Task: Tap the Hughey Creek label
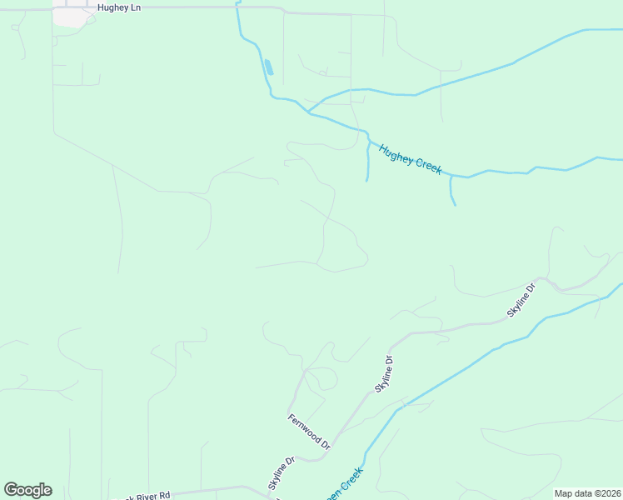tap(410, 159)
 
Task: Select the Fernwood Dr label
tap(309, 432)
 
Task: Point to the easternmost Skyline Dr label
tap(521, 301)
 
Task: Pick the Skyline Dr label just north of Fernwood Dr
tap(383, 374)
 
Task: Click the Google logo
tap(27, 490)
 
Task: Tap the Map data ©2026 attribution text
tap(587, 493)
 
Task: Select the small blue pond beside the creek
tap(268, 67)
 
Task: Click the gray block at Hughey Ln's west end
tap(70, 17)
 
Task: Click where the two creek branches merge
tap(308, 112)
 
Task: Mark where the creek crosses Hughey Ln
tap(237, 7)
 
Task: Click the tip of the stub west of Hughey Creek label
tap(366, 180)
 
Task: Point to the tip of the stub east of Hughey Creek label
tap(455, 204)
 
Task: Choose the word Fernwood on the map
tap(304, 428)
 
